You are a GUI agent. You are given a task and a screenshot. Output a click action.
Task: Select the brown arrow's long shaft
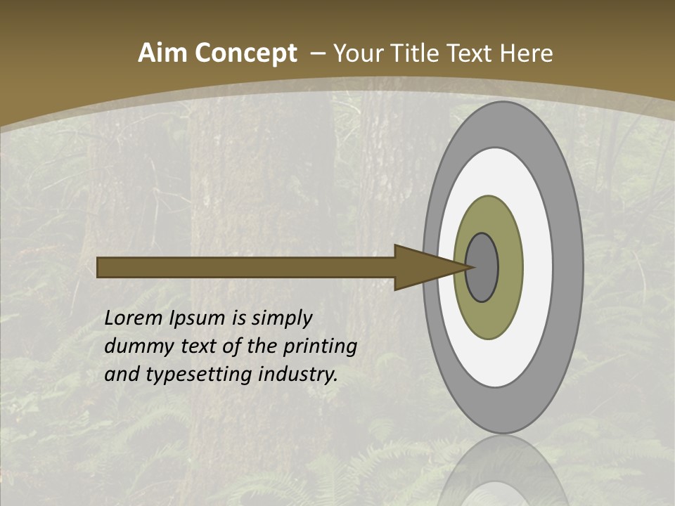coord(246,267)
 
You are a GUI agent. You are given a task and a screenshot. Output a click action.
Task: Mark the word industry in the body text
coord(298,375)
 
